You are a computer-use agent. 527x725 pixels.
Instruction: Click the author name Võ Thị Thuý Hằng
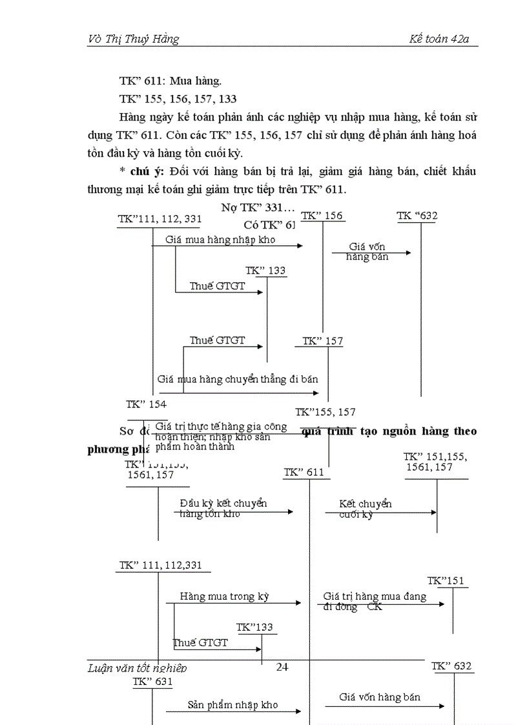tap(133, 39)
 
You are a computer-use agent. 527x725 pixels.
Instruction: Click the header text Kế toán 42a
tap(439, 39)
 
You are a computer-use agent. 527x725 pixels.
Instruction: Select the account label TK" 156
tap(322, 216)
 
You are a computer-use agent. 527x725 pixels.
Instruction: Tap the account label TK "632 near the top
tap(417, 216)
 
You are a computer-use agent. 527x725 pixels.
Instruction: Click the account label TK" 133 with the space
tap(265, 271)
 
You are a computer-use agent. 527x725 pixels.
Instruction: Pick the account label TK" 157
tap(323, 341)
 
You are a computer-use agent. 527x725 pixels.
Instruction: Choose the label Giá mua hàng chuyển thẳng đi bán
tap(238, 379)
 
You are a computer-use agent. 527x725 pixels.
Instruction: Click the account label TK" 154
tap(146, 404)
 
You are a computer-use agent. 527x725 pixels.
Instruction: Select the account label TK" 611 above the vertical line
tap(304, 473)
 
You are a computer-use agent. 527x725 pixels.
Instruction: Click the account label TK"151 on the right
tap(446, 580)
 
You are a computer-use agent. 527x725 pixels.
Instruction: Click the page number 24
tap(282, 667)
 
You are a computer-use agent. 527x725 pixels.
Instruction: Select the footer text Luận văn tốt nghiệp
tap(137, 668)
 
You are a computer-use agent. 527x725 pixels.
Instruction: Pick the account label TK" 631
tap(152, 681)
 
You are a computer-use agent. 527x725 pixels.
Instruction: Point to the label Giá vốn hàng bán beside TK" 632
tap(379, 697)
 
